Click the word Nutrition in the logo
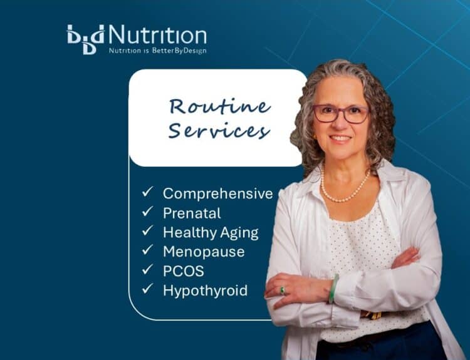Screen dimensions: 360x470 157,34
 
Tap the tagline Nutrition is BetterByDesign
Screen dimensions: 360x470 157,50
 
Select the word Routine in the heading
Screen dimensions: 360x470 219,106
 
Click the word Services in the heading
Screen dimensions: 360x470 219,131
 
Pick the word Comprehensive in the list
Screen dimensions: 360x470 217,193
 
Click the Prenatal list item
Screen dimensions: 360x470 192,213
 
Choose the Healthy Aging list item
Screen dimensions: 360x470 210,232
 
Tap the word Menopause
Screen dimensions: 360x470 203,252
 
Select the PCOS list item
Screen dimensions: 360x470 183,270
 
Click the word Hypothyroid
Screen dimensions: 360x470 205,290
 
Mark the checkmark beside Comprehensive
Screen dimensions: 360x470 147,193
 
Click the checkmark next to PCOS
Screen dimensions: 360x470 147,270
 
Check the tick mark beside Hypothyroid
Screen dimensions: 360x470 147,289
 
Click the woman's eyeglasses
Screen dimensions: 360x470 341,114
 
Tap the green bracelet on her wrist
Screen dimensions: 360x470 334,289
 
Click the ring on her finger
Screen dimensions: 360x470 283,290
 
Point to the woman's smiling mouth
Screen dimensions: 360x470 340,138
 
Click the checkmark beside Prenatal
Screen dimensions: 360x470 147,212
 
